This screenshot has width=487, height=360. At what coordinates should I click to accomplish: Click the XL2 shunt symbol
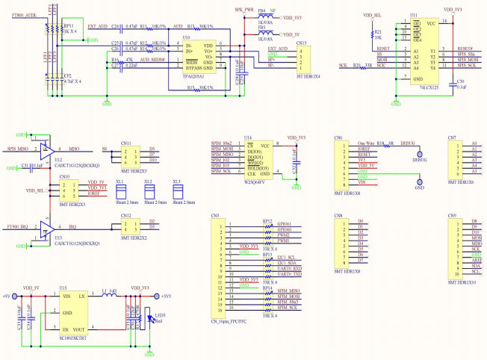click(148, 191)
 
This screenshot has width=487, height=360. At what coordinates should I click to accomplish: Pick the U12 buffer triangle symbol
click(46, 149)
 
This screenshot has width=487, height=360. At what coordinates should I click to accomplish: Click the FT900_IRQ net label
click(17, 226)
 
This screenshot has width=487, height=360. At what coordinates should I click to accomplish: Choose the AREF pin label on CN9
click(475, 258)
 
